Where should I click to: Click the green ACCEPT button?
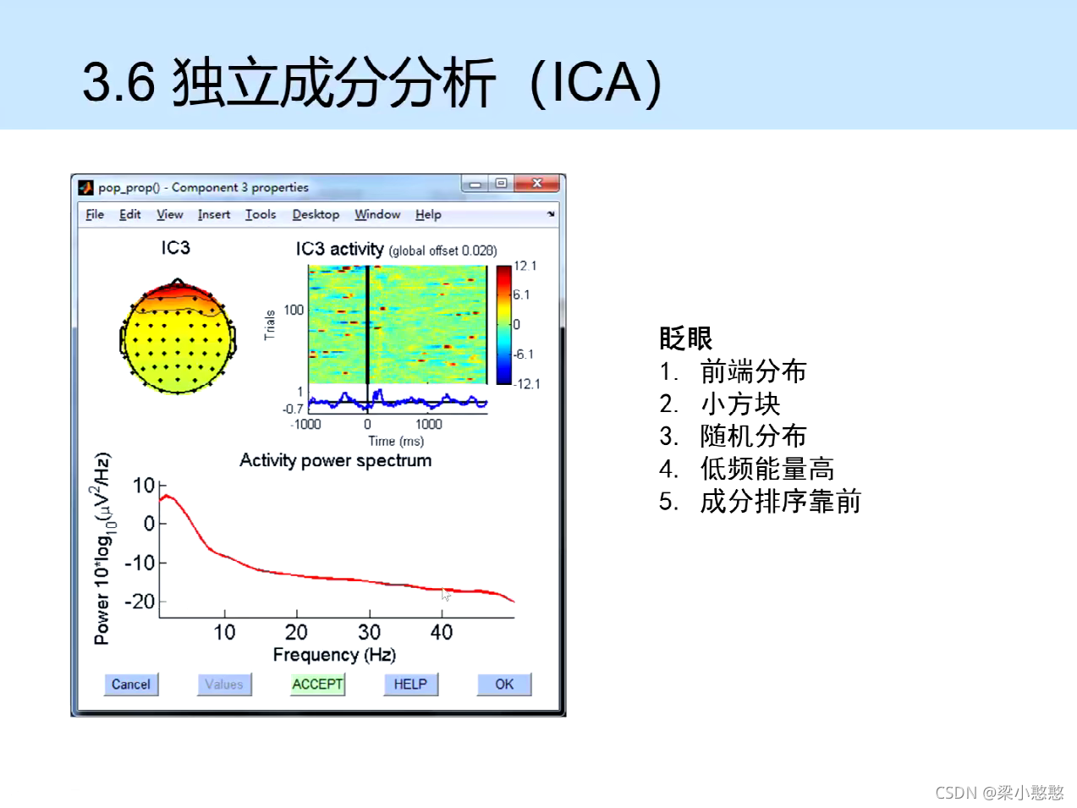tap(317, 684)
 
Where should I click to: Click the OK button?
tap(504, 684)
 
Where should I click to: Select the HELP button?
tap(410, 684)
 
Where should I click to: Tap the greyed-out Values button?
tap(224, 684)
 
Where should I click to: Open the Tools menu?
tap(261, 215)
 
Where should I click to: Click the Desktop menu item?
tap(316, 215)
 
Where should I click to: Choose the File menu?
tap(95, 215)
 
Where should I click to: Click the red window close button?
tap(536, 184)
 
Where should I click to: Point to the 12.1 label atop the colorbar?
tap(525, 266)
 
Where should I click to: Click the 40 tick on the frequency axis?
tap(442, 632)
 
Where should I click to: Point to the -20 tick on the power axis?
tap(140, 602)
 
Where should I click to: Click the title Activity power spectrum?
tap(335, 460)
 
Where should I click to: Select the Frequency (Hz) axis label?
tap(334, 655)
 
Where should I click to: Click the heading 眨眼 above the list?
tap(685, 338)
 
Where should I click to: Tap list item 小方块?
tap(740, 404)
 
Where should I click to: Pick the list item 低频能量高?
tap(767, 469)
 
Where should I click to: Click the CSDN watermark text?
tap(999, 792)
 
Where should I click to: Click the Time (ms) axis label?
tap(396, 441)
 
